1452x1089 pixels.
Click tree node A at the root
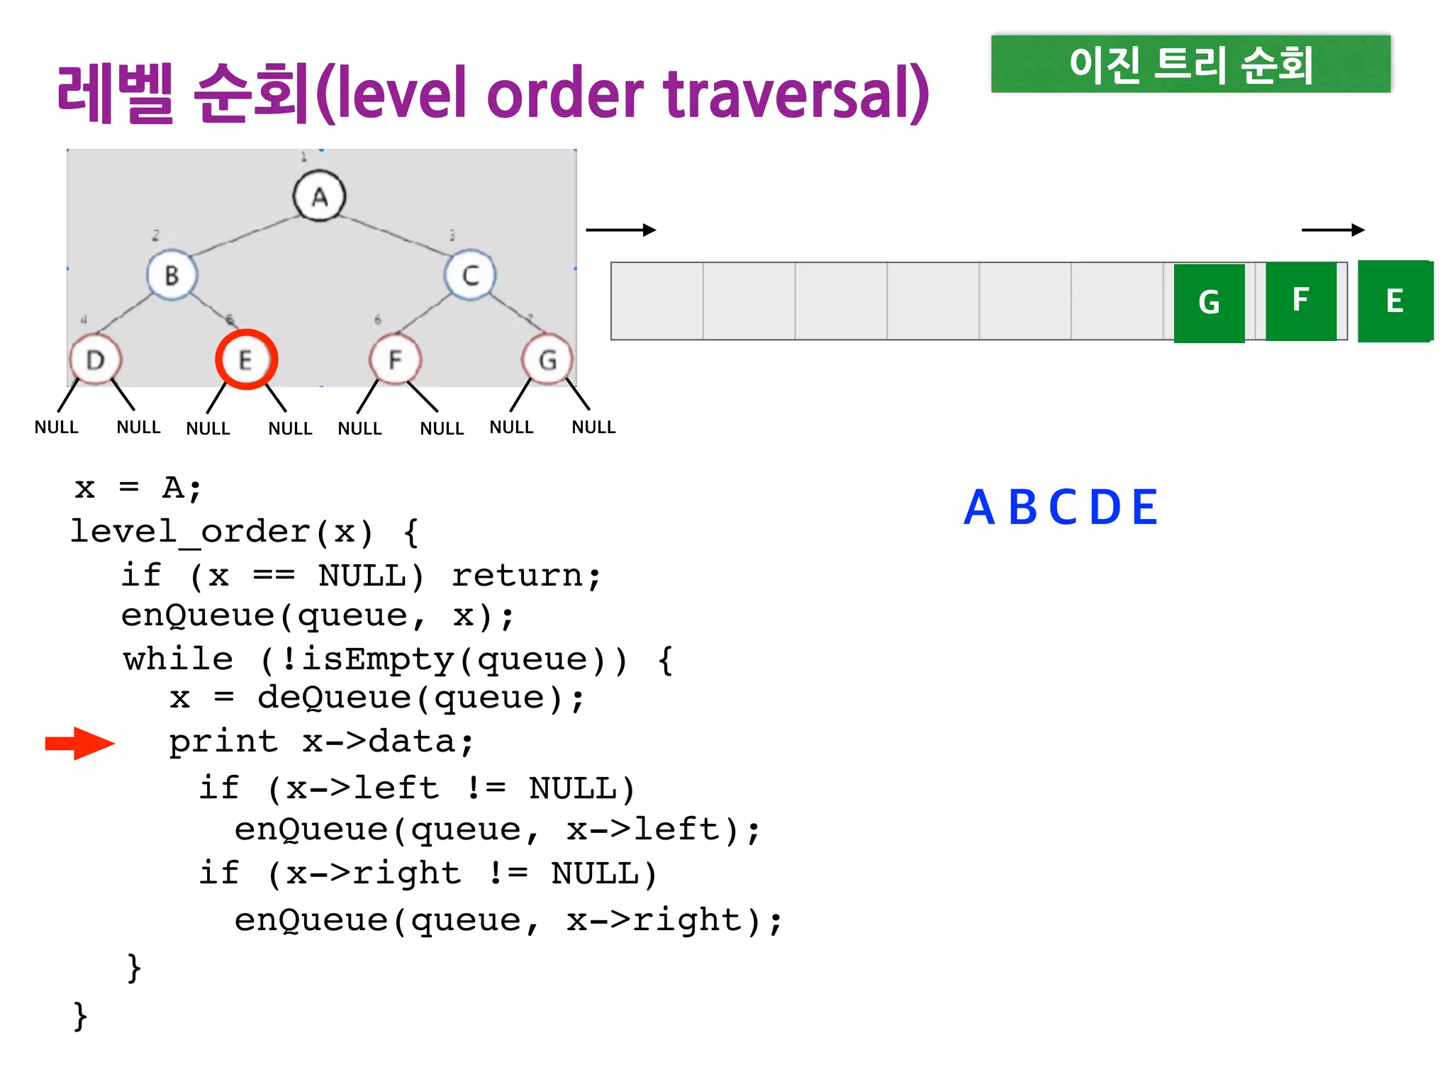pyautogui.click(x=319, y=196)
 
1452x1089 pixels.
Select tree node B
pyautogui.click(x=172, y=275)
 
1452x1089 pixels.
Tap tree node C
pyautogui.click(x=470, y=275)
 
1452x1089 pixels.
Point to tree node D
pyautogui.click(x=96, y=359)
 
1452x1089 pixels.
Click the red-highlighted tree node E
pyautogui.click(x=246, y=359)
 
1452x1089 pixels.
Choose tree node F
pyautogui.click(x=395, y=359)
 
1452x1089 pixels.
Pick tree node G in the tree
pyautogui.click(x=547, y=360)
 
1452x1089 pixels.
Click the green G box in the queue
pyautogui.click(x=1209, y=303)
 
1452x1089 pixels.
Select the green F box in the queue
pyautogui.click(x=1300, y=301)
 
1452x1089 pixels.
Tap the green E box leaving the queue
pyautogui.click(x=1395, y=301)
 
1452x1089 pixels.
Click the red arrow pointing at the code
pyautogui.click(x=79, y=743)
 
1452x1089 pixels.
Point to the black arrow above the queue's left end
pyautogui.click(x=620, y=230)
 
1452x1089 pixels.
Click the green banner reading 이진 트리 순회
pyautogui.click(x=1190, y=65)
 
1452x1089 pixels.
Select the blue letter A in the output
pyautogui.click(x=978, y=508)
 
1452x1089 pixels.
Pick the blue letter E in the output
pyautogui.click(x=1144, y=508)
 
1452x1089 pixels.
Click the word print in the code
pyautogui.click(x=223, y=742)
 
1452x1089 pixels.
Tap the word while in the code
pyautogui.click(x=178, y=659)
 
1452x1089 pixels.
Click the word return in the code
pyautogui.click(x=526, y=575)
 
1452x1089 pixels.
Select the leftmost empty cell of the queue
pyautogui.click(x=657, y=301)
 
